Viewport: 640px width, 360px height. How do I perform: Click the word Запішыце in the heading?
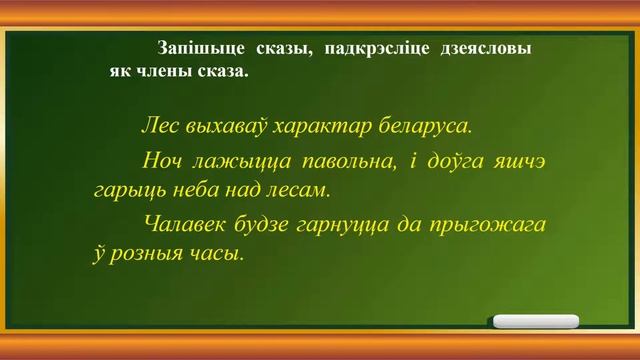tap(196, 48)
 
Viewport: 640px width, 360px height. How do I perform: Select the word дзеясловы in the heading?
tap(484, 48)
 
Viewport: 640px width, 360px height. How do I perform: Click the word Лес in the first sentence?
tap(162, 127)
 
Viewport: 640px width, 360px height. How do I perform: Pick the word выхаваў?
tap(229, 127)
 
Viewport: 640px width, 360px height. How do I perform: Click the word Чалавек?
tap(185, 223)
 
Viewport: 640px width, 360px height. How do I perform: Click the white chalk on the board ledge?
tap(536, 321)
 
